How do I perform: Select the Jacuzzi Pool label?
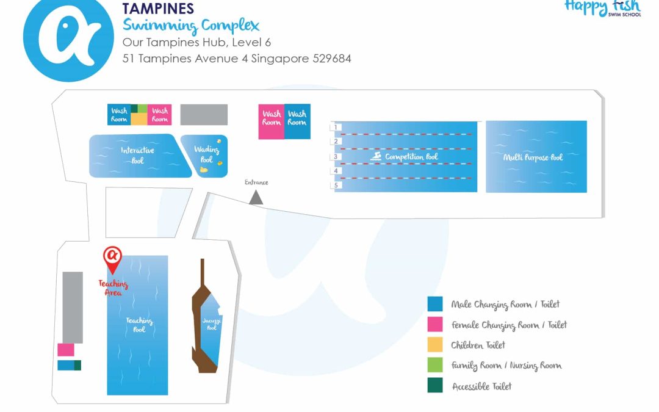(x=211, y=324)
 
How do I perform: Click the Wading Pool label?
(x=206, y=154)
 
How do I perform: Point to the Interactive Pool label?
(x=137, y=155)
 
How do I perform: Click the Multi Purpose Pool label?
(x=533, y=157)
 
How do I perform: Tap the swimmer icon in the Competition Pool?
(x=376, y=157)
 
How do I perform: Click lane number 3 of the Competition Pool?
(x=336, y=157)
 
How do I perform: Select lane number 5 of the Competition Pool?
(x=336, y=185)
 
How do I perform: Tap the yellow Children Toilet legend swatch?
(x=435, y=345)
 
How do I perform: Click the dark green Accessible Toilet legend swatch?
(x=435, y=386)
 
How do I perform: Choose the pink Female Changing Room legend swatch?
(x=435, y=324)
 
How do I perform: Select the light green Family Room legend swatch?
(x=435, y=365)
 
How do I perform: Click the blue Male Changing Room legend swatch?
(x=435, y=304)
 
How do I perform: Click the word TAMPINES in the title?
(x=158, y=9)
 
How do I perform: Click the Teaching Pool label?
(x=139, y=325)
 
